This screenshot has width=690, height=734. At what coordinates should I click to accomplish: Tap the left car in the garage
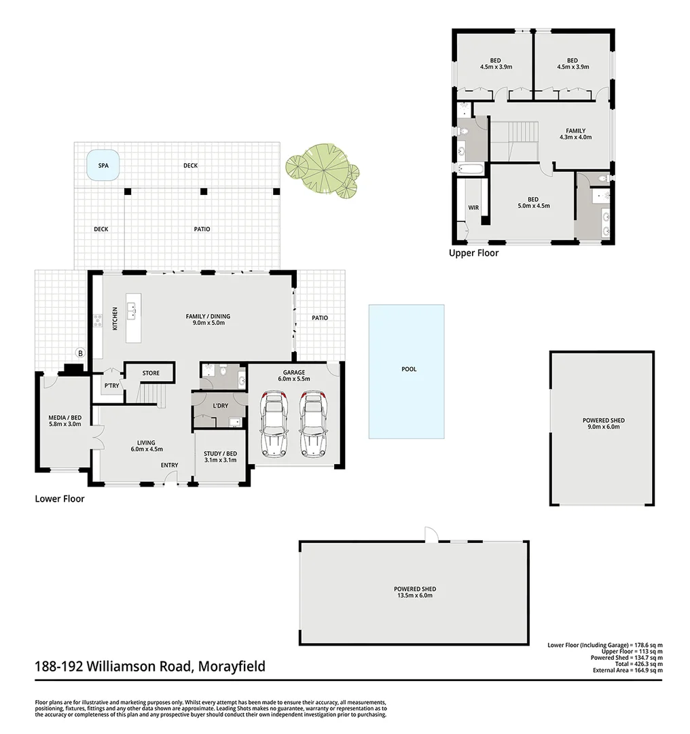275,422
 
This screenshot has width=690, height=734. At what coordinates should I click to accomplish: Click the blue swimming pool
407,370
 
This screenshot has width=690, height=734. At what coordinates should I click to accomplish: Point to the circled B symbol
80,353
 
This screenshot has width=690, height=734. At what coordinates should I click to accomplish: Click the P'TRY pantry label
111,385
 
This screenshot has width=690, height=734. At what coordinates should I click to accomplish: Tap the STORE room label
151,373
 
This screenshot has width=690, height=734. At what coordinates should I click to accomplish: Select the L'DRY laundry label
220,406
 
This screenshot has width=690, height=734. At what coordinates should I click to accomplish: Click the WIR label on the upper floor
473,207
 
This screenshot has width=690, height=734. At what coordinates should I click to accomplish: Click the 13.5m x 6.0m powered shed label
414,592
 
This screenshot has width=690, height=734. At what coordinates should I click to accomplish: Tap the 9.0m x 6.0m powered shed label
603,424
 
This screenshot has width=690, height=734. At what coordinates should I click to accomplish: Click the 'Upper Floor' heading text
473,253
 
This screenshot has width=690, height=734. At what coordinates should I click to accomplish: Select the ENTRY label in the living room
169,466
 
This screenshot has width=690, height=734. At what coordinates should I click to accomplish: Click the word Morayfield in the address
231,667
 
